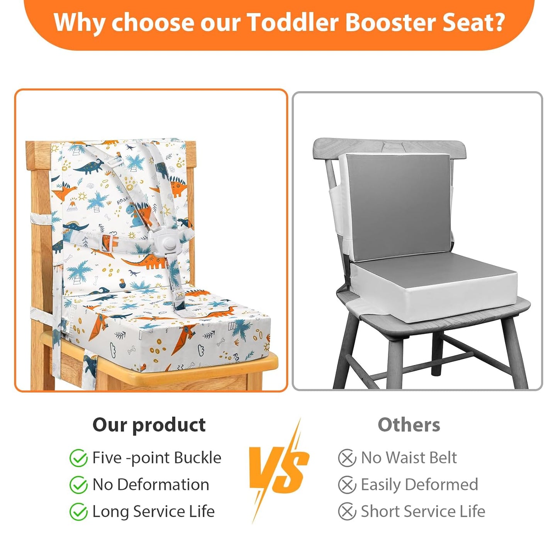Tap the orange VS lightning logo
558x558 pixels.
pos(279,469)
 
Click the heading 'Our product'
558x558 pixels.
pos(149,425)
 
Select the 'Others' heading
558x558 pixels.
pos(409,425)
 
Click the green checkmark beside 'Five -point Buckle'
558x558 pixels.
pos(78,458)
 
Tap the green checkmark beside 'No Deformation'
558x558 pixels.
pos(78,485)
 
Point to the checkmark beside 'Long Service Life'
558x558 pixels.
pos(78,512)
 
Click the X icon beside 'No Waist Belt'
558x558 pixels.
pos(347,458)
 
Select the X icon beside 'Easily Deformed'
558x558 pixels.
pos(347,485)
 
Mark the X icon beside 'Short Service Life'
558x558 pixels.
pos(347,512)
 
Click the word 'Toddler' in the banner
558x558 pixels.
pos(292,22)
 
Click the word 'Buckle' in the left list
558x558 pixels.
pos(197,458)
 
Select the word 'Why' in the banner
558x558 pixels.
pos(79,22)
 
